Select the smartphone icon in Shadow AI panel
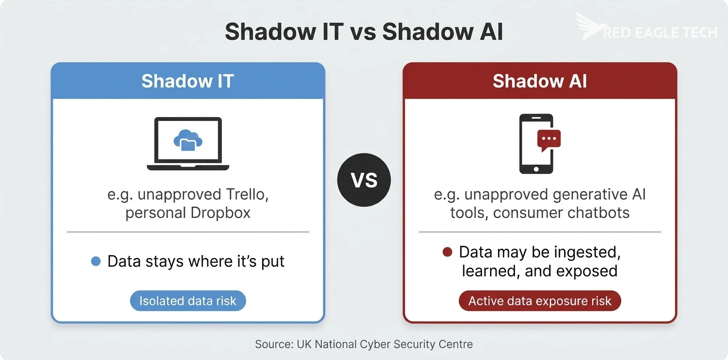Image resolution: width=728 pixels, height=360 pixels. click(535, 144)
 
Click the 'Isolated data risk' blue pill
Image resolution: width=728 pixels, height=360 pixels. click(187, 301)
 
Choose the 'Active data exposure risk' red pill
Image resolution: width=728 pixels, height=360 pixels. click(539, 301)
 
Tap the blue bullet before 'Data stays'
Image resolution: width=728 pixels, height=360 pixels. click(96, 261)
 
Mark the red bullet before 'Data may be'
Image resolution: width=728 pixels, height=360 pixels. click(447, 252)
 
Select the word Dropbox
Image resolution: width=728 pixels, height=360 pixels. click(220, 212)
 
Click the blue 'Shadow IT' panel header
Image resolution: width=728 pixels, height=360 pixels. click(187, 81)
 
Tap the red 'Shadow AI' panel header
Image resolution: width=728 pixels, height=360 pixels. click(539, 81)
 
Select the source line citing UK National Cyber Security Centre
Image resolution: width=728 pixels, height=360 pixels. click(363, 344)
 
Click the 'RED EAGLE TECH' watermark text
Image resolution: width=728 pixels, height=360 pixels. click(660, 32)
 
